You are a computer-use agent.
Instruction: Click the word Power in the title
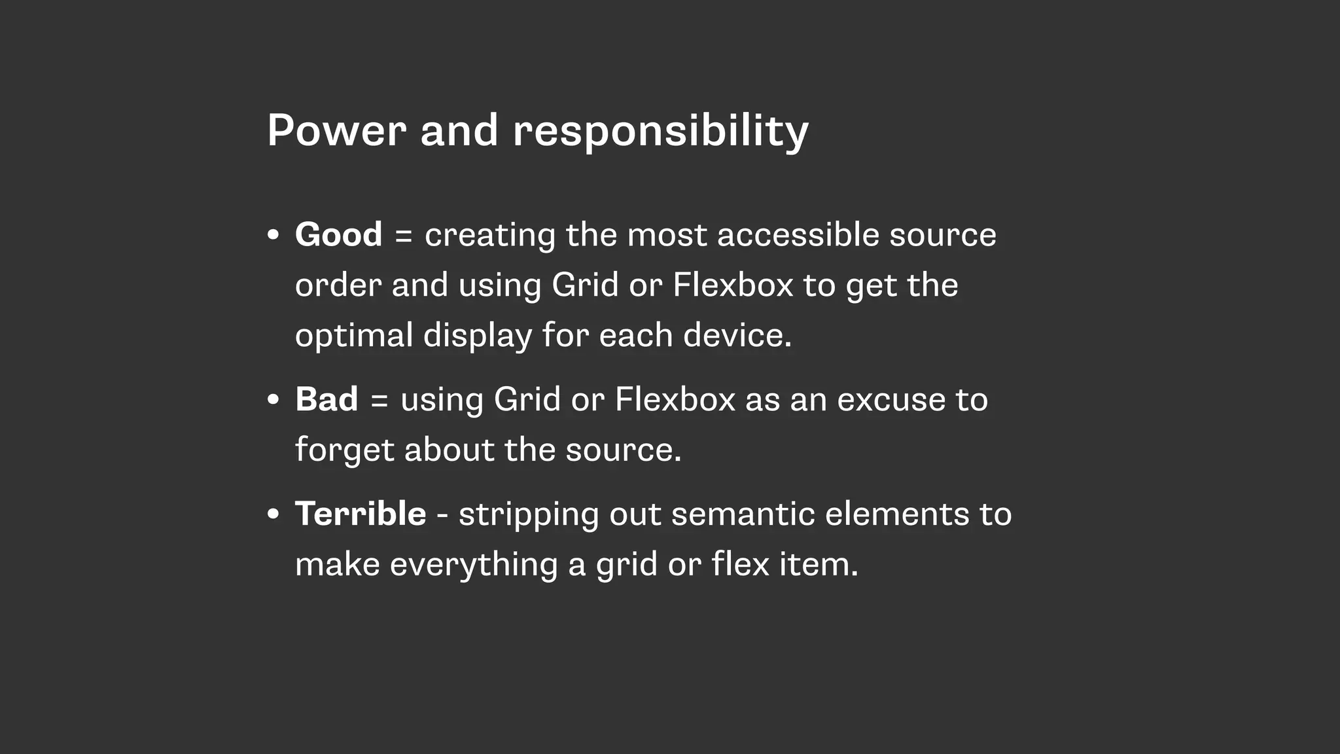point(337,130)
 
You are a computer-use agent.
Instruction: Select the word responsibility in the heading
point(661,132)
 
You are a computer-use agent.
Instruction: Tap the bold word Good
point(338,234)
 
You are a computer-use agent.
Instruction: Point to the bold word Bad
point(326,399)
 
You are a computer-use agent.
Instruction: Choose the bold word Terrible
point(361,513)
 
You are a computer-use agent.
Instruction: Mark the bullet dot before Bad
point(273,400)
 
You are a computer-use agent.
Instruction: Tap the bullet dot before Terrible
point(273,514)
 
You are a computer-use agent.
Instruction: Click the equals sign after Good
point(404,236)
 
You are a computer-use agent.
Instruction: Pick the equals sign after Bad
point(379,401)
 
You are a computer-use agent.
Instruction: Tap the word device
point(737,335)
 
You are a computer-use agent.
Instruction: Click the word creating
point(490,236)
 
